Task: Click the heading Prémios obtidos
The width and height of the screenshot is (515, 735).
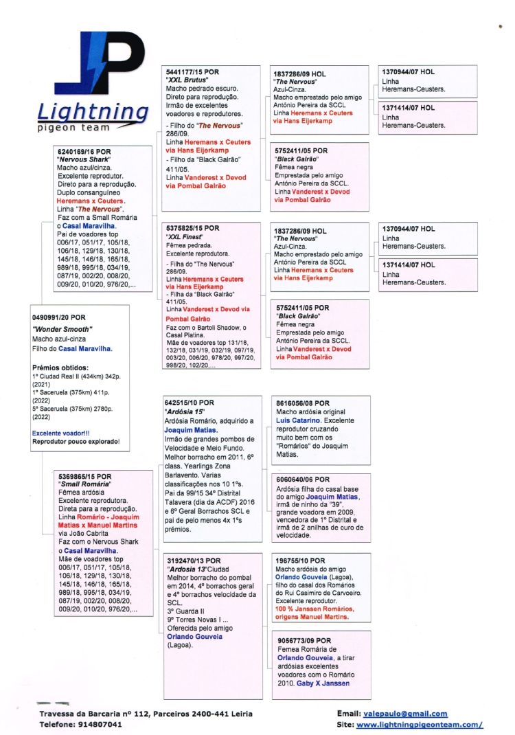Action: [x=60, y=367]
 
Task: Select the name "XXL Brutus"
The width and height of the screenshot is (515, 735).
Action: [x=187, y=80]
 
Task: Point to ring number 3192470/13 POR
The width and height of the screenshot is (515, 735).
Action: [x=194, y=561]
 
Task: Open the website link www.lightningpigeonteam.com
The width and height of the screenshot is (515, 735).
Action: [x=420, y=724]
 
